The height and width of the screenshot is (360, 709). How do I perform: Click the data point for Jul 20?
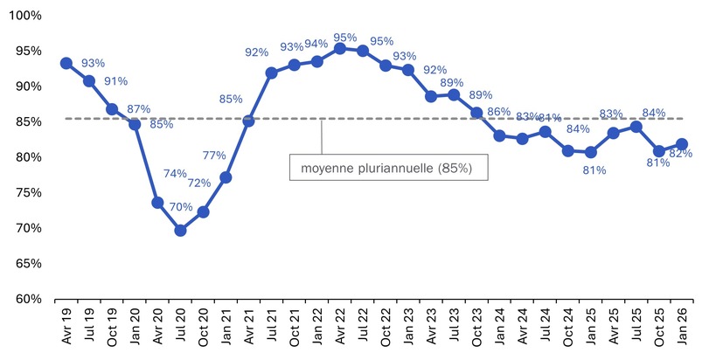180,230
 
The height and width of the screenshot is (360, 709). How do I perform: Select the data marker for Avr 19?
66,63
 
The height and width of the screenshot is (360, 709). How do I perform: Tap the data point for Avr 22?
340,48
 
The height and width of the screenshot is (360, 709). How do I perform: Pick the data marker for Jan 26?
681,144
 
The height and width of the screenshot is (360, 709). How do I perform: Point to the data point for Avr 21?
248,121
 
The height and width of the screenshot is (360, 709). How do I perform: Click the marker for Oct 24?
567,150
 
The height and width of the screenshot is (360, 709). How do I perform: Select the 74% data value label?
175,173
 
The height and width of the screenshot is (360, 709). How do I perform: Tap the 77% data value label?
214,156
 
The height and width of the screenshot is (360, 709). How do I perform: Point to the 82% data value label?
681,155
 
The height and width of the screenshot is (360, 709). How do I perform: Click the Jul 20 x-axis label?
181,331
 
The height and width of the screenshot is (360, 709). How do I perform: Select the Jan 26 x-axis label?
681,331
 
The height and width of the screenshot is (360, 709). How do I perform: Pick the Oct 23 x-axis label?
476,331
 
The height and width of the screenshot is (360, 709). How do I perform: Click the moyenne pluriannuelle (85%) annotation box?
388,167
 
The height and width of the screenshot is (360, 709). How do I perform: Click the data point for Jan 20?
135,124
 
